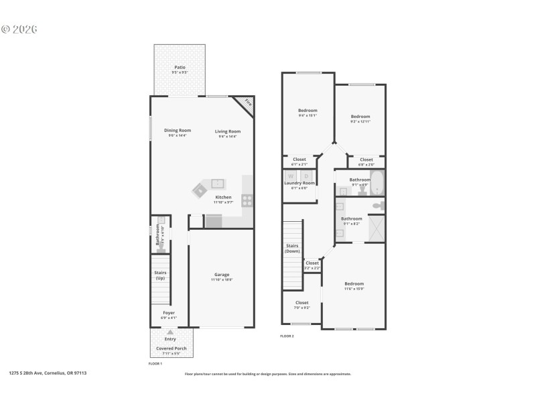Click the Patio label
pos(180,67)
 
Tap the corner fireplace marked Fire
pos(247,103)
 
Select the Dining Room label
pos(178,130)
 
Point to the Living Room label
pos(228,131)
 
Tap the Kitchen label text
pos(224,197)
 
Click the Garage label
pos(222,275)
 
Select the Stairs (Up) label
pos(160,275)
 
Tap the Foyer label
pos(169,313)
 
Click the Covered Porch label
pos(171,349)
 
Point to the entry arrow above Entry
pos(170,332)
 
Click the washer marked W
pos(291,176)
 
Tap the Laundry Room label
pos(299,183)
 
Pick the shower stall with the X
pos(376,228)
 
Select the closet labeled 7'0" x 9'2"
pos(301,305)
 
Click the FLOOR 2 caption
pos(287,336)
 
